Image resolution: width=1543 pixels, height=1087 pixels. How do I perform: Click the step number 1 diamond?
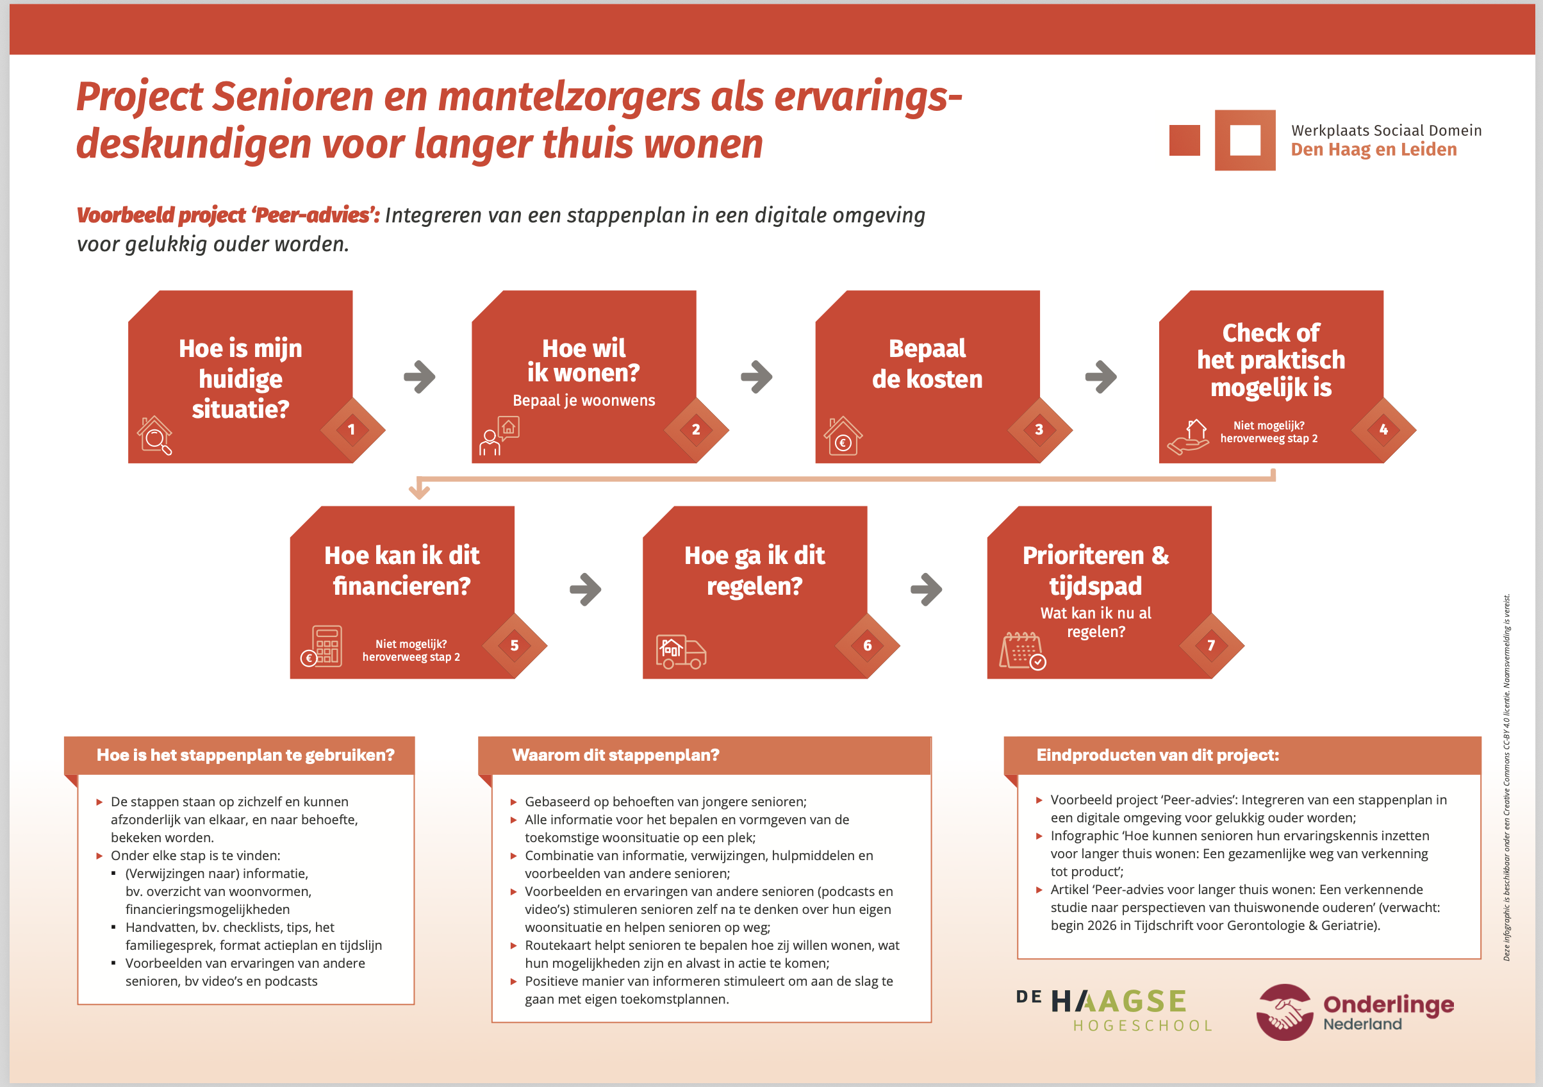click(x=352, y=429)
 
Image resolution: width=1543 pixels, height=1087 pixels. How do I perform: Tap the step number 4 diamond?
click(x=1383, y=429)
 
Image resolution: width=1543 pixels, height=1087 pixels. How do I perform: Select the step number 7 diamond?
click(x=1211, y=645)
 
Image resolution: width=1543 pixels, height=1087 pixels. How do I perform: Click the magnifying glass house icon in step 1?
click(x=154, y=436)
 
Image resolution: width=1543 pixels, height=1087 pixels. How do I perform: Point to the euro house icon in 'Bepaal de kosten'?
click(x=843, y=436)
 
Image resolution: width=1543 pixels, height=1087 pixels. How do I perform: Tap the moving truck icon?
click(x=681, y=651)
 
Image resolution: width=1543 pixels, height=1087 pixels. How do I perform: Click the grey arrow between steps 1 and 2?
click(x=420, y=377)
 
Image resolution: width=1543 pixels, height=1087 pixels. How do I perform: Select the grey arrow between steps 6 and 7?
click(x=926, y=590)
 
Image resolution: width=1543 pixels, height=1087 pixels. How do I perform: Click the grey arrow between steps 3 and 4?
click(x=1101, y=377)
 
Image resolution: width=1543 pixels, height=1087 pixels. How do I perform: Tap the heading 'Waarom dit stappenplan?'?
click(x=616, y=755)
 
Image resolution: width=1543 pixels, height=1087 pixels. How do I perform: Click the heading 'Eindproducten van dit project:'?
click(x=1157, y=755)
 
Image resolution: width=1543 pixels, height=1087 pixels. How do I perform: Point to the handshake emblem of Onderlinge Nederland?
click(x=1284, y=1012)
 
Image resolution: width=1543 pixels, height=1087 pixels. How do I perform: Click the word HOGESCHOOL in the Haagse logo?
click(x=1143, y=1026)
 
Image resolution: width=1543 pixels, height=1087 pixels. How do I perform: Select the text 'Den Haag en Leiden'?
click(x=1374, y=149)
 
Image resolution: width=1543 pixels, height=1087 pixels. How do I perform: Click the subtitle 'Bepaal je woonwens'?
click(x=583, y=401)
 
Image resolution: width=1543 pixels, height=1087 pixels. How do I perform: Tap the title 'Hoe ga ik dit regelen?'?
click(x=754, y=570)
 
